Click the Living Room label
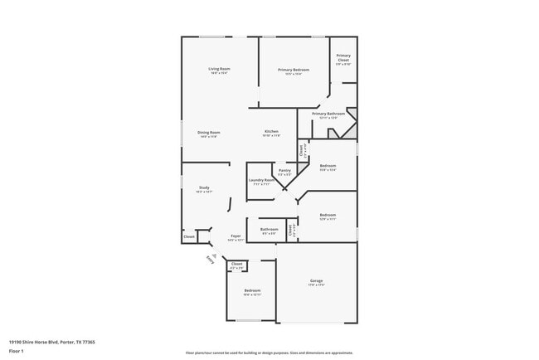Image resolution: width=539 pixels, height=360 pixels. pyautogui.click(x=219, y=69)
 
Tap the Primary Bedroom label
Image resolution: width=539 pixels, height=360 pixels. pyautogui.click(x=294, y=70)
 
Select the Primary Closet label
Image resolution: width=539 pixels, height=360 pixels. pyautogui.click(x=343, y=57)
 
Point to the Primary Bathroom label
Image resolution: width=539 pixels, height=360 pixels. pyautogui.click(x=328, y=114)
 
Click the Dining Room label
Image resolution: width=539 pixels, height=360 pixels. pyautogui.click(x=209, y=133)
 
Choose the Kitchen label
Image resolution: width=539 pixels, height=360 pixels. pyautogui.click(x=271, y=132)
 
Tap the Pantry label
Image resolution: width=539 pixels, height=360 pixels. pyautogui.click(x=284, y=171)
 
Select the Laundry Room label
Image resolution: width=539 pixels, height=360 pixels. pyautogui.click(x=261, y=180)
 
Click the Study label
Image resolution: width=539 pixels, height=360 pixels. pyautogui.click(x=204, y=187)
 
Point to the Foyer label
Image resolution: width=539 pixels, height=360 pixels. pyautogui.click(x=236, y=236)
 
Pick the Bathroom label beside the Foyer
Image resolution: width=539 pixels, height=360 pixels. pyautogui.click(x=269, y=229)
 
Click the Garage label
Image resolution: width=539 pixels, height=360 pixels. pyautogui.click(x=316, y=281)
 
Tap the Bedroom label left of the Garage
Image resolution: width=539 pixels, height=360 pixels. pyautogui.click(x=252, y=290)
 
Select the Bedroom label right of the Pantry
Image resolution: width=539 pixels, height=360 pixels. pyautogui.click(x=328, y=166)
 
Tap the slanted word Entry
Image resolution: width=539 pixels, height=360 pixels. pyautogui.click(x=210, y=260)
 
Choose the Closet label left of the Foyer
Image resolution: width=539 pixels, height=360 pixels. pyautogui.click(x=189, y=236)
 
